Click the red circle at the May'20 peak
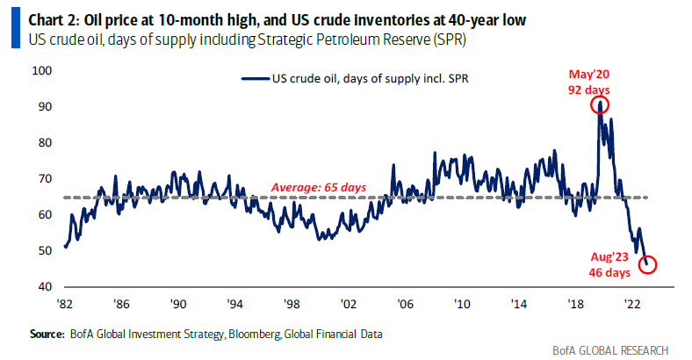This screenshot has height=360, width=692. pyautogui.click(x=600, y=105)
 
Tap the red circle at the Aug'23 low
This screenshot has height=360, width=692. pyautogui.click(x=648, y=264)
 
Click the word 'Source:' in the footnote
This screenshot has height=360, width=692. pyautogui.click(x=47, y=335)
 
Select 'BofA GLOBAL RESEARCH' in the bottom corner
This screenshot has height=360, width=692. pyautogui.click(x=614, y=349)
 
